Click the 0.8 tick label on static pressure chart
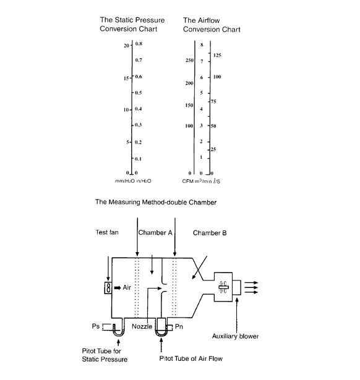[139, 44]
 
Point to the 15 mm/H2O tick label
[126, 78]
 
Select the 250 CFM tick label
[189, 60]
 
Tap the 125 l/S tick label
[217, 55]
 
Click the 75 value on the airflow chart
[213, 101]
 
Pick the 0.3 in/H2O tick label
[139, 125]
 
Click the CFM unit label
[187, 181]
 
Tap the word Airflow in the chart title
[208, 20]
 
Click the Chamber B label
[210, 233]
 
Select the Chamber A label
[155, 233]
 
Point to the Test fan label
[107, 232]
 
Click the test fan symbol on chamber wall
[108, 288]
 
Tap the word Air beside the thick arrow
[127, 287]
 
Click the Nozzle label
[142, 326]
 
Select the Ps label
[96, 326]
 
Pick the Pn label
[179, 327]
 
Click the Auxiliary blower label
[235, 336]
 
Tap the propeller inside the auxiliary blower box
[223, 287]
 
